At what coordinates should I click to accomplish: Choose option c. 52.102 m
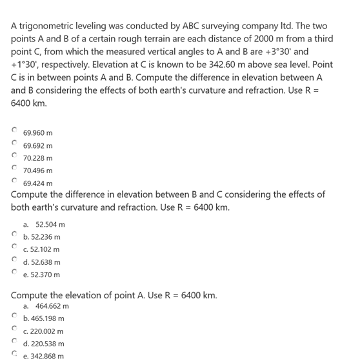[41, 249]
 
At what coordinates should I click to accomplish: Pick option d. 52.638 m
[41, 262]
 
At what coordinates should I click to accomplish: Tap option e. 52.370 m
[41, 275]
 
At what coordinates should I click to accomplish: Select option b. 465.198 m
[44, 318]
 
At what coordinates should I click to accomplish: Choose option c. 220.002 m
[44, 331]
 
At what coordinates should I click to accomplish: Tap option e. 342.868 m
[44, 357]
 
